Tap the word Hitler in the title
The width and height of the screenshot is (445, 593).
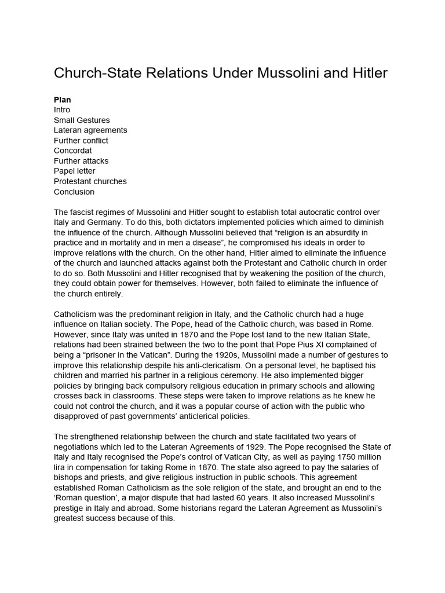(367, 73)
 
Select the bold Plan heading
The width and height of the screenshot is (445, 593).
(62, 100)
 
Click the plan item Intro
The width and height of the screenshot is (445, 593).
(62, 110)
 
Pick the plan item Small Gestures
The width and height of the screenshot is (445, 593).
(82, 120)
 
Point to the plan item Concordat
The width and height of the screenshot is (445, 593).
(73, 151)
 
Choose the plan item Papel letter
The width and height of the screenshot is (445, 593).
(75, 171)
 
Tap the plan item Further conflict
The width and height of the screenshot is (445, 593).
(81, 140)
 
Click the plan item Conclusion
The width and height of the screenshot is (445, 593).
(74, 192)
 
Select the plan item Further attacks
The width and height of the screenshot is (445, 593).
(81, 161)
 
